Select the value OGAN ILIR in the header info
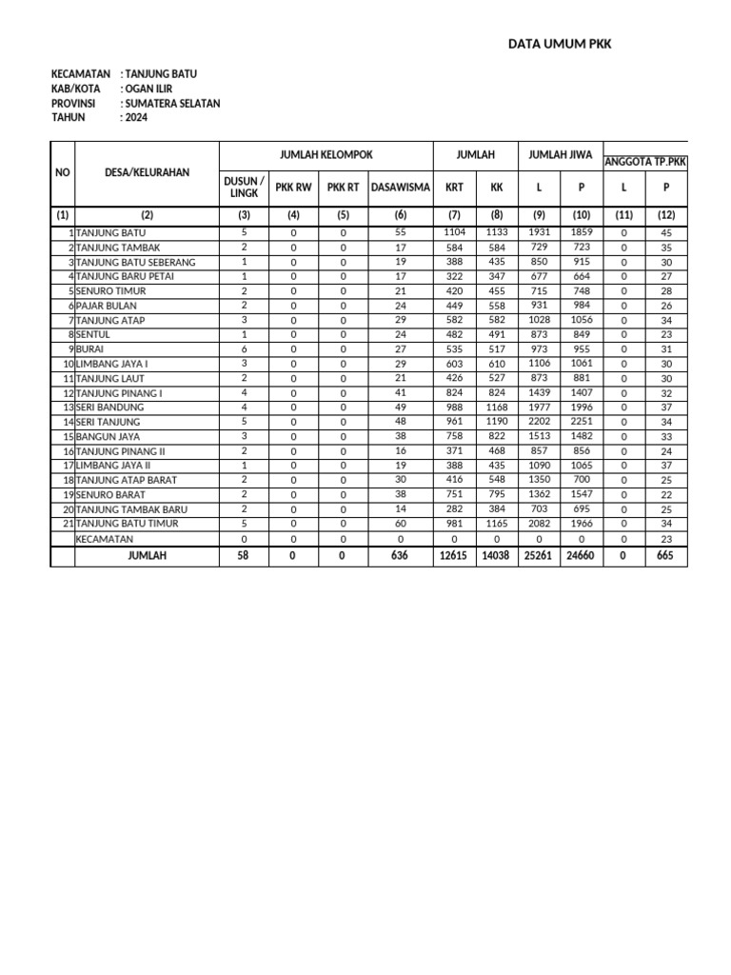point(148,89)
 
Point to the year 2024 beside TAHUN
point(136,117)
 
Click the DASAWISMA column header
point(400,188)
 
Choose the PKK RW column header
point(293,188)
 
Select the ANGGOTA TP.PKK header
point(645,163)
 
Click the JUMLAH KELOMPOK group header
point(326,154)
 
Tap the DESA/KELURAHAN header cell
point(147,172)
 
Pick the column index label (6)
point(400,215)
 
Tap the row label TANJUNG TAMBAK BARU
point(127,509)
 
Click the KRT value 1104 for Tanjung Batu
point(454,232)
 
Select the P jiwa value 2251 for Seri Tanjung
point(582,422)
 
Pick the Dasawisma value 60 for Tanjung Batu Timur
point(400,524)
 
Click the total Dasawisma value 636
point(400,555)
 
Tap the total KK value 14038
point(496,555)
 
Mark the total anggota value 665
point(665,555)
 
